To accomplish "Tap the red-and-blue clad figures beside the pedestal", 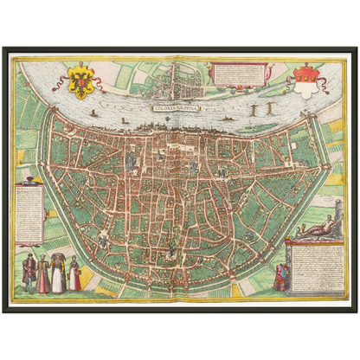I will tap(280, 278).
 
